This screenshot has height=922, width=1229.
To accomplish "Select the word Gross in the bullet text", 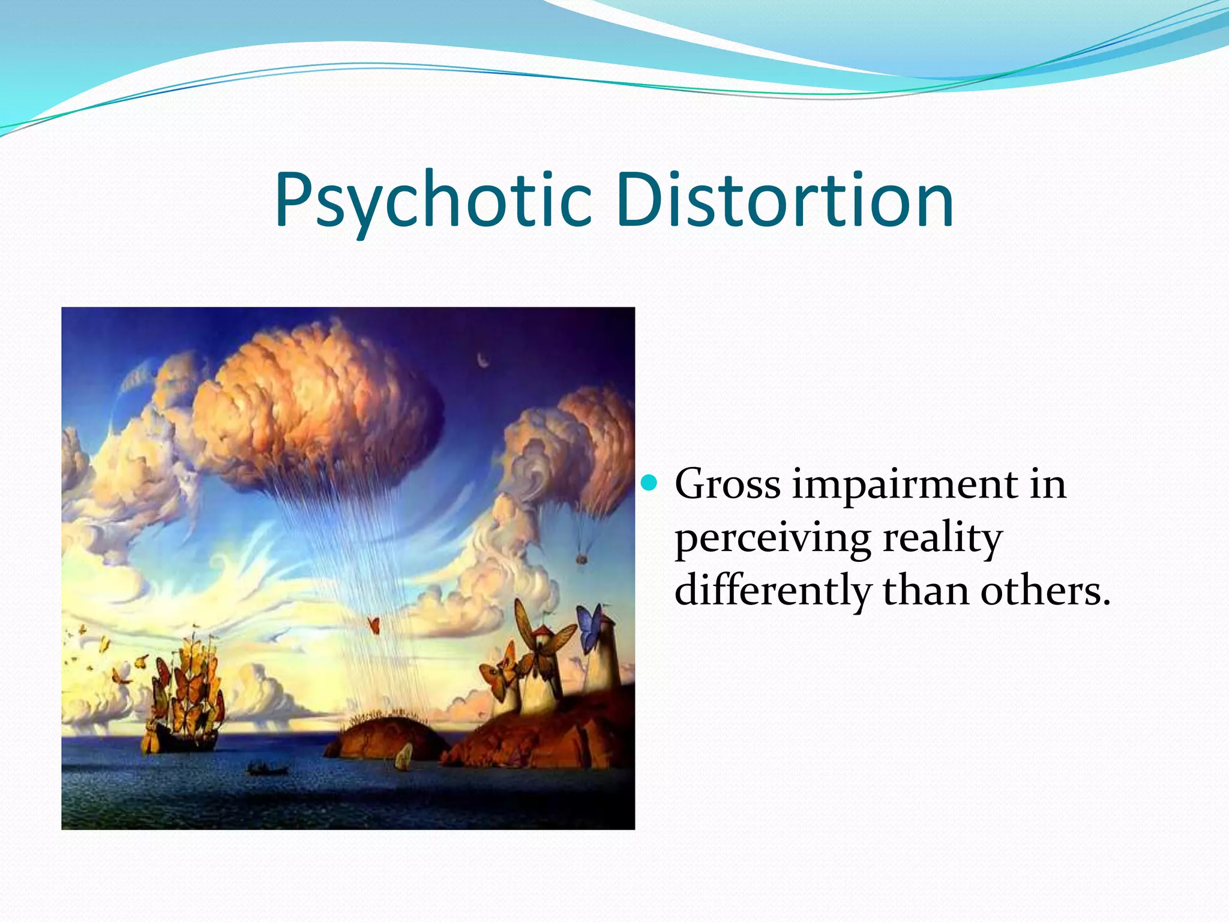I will tap(727, 484).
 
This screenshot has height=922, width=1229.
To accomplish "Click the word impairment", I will tap(904, 484).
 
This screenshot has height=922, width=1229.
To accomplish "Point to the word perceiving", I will tap(772, 537).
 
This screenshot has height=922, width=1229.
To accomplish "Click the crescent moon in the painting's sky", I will tap(482, 360).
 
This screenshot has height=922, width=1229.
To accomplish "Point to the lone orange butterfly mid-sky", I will tap(374, 625).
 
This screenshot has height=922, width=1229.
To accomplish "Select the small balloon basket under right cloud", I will tap(581, 560).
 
